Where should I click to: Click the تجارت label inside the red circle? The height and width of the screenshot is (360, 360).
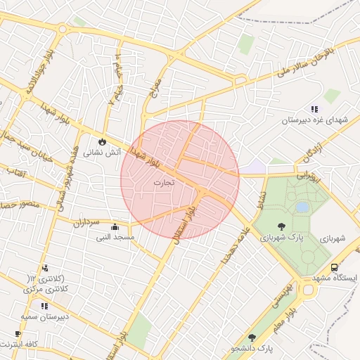click(162, 182)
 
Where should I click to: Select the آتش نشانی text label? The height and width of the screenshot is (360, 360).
click(103, 151)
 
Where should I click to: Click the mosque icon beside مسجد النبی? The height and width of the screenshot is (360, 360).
click(115, 226)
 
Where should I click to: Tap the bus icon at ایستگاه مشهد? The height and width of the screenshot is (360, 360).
click(334, 267)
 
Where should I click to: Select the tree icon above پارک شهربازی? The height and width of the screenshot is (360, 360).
click(282, 226)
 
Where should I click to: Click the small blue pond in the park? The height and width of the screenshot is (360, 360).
click(302, 207)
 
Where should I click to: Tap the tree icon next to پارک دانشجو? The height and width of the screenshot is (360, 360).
click(252, 337)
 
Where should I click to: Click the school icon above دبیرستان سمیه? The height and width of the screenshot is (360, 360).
click(44, 306)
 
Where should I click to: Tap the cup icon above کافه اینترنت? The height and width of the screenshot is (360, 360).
click(18, 333)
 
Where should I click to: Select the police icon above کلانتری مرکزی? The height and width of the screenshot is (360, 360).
click(45, 267)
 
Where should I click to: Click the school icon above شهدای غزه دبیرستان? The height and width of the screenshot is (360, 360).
click(314, 109)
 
